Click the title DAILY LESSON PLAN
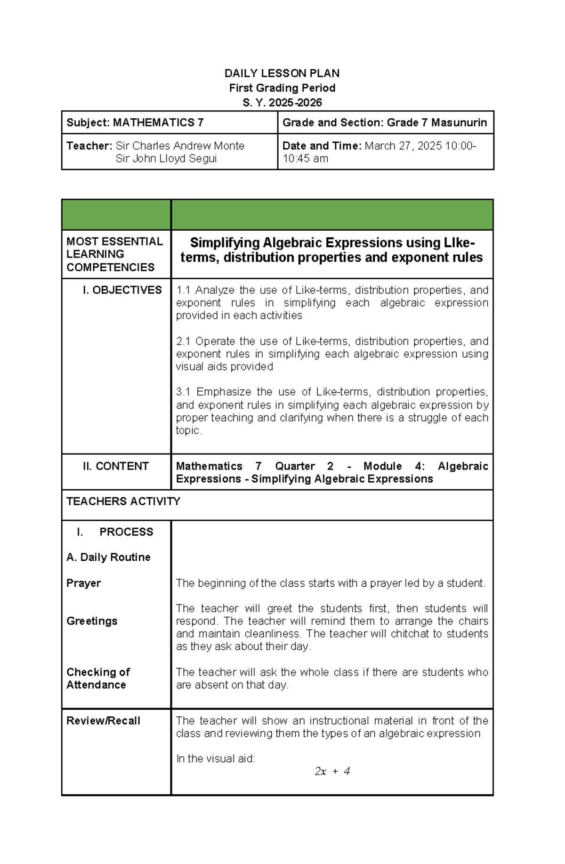(282, 73)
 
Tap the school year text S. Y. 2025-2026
(282, 103)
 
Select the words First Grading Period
(282, 88)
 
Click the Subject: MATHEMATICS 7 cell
(135, 123)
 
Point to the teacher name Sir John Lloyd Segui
(166, 159)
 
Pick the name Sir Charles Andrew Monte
(180, 146)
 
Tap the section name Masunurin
(459, 123)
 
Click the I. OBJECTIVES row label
(122, 290)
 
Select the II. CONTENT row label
(115, 466)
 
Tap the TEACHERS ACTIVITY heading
(123, 501)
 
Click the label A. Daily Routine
(108, 557)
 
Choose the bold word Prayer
(84, 583)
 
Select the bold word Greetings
(92, 621)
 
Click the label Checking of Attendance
(98, 678)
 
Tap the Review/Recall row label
(103, 721)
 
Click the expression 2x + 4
(332, 771)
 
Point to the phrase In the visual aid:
(215, 759)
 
